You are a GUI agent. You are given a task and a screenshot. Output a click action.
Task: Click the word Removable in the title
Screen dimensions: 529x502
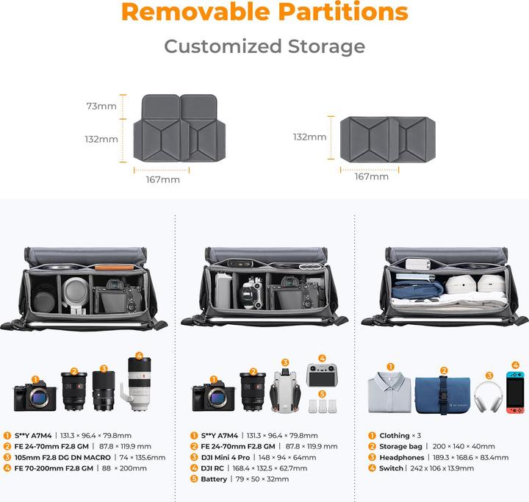(195, 12)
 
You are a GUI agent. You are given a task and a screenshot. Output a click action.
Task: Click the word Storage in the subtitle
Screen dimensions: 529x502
(326, 46)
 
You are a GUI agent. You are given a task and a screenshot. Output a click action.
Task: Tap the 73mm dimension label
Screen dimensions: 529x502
(101, 106)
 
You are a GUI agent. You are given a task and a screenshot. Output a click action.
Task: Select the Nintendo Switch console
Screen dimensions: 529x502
(515, 392)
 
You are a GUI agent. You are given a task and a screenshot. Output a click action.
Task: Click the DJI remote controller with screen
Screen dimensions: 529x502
(322, 375)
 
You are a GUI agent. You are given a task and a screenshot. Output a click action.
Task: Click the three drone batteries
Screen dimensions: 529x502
(323, 406)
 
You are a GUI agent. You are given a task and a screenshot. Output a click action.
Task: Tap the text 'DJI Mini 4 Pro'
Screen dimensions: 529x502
(226, 457)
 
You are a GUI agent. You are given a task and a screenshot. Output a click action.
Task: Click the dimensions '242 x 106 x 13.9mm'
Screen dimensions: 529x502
(442, 468)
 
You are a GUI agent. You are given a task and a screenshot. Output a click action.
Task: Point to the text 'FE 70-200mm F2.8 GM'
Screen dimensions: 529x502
(54, 468)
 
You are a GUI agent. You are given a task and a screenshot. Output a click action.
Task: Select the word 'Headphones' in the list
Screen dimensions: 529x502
(401, 457)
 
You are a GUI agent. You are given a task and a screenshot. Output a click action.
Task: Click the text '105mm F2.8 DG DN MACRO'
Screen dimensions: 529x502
(62, 457)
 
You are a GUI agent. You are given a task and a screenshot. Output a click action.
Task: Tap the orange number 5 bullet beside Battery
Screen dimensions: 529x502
(194, 479)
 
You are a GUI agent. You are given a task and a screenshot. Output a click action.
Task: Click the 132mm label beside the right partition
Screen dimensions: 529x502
(310, 137)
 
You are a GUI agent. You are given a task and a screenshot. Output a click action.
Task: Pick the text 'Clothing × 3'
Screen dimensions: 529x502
(400, 436)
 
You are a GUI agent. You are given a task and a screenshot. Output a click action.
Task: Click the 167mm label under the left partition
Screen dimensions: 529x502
(163, 179)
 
